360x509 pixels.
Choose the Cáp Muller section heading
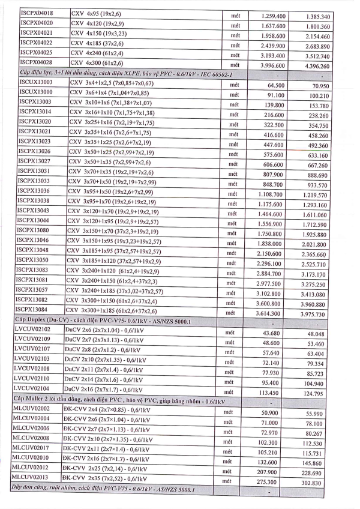click(x=120, y=400)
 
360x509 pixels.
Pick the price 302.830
click(x=318, y=482)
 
